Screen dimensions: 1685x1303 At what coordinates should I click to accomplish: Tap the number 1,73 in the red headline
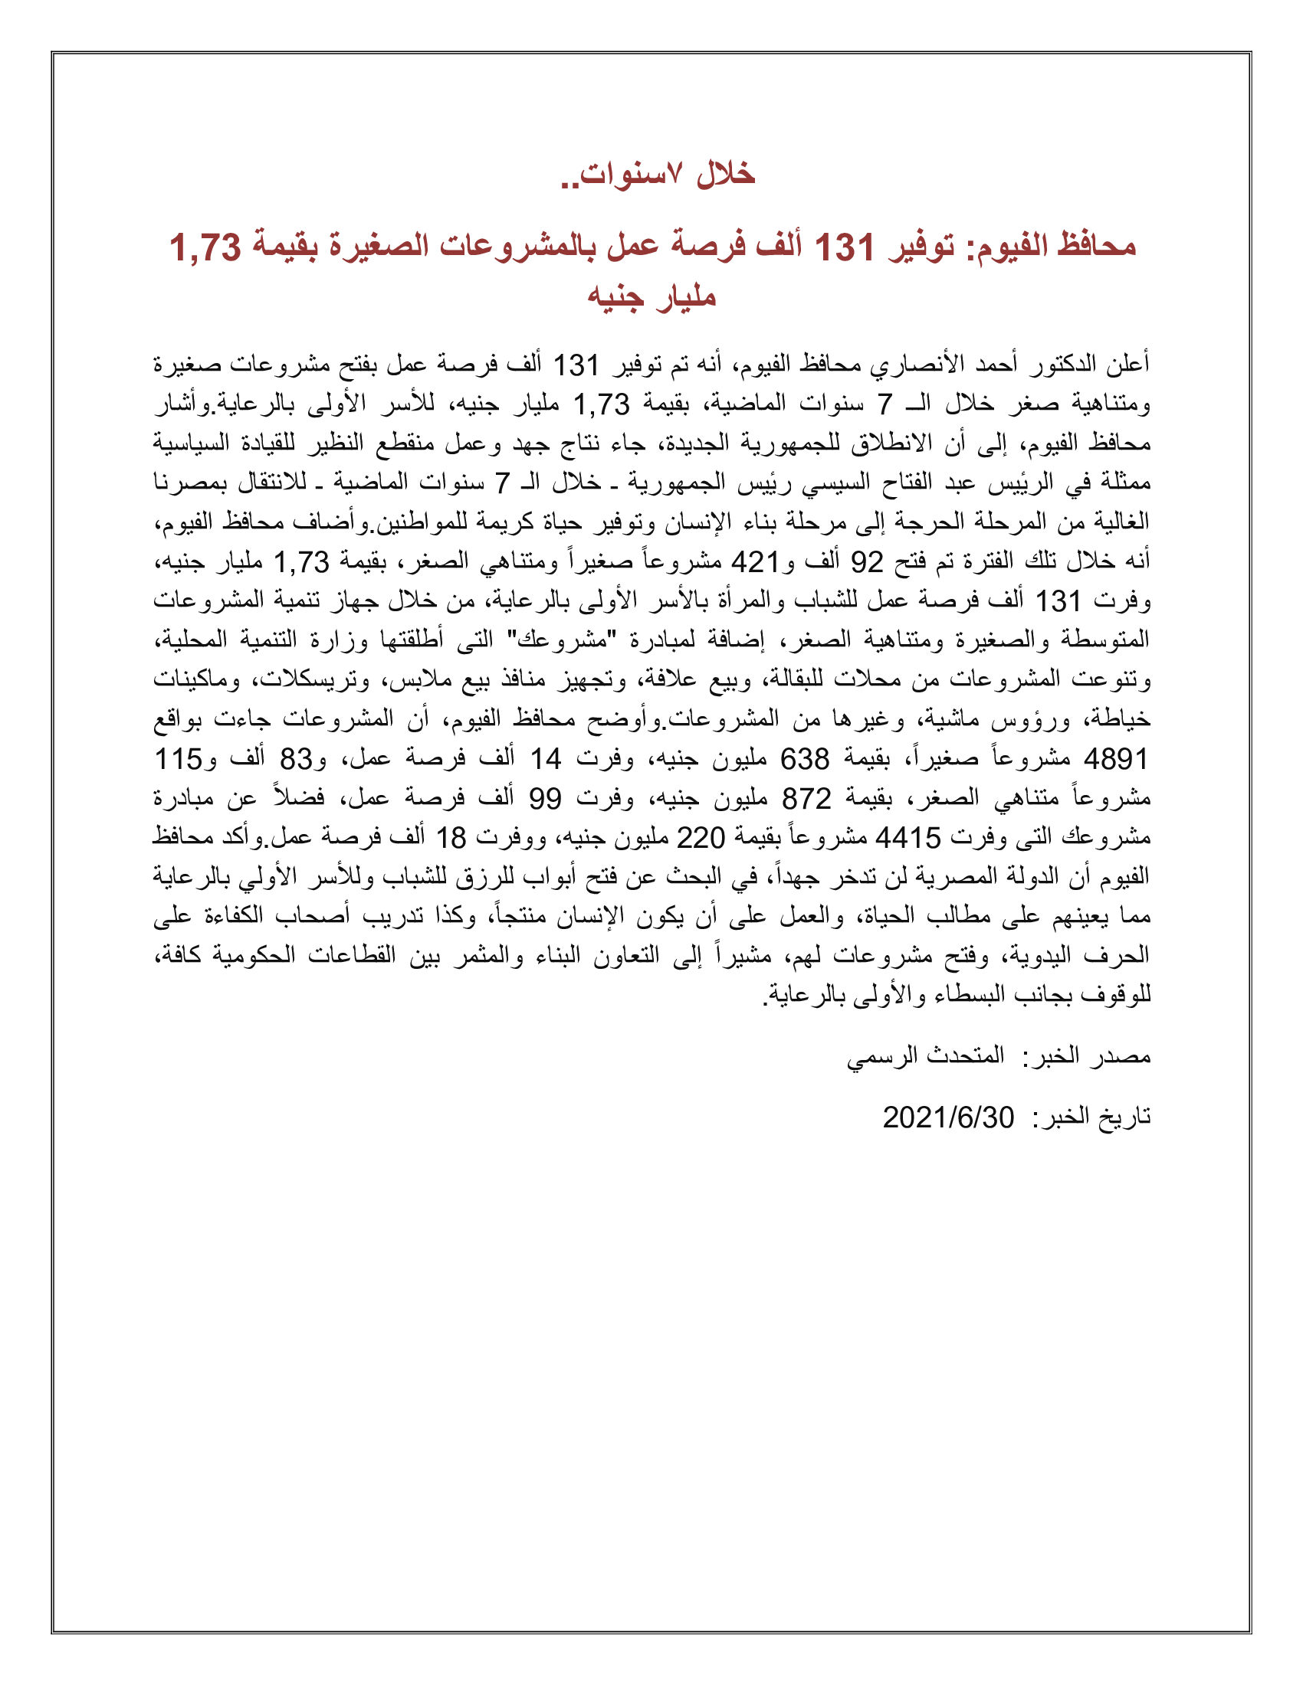(x=205, y=248)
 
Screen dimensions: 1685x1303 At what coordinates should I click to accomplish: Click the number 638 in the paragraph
(x=804, y=760)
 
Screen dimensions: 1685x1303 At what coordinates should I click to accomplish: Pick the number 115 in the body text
(x=179, y=760)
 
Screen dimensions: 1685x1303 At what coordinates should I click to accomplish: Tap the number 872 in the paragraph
(x=806, y=800)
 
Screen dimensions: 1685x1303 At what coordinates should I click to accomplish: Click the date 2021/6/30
(x=948, y=1118)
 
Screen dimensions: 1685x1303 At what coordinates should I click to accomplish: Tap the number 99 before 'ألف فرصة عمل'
(x=545, y=800)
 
